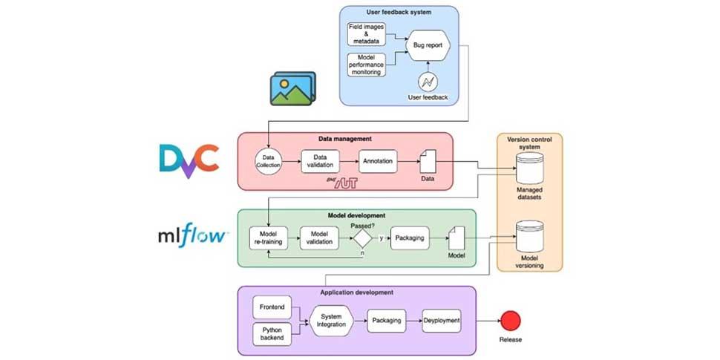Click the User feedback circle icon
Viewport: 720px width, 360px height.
pyautogui.click(x=428, y=82)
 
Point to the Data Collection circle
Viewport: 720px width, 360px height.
pyautogui.click(x=269, y=160)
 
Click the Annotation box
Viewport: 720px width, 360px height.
pyautogui.click(x=379, y=160)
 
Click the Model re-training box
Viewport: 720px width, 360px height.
pyautogui.click(x=269, y=238)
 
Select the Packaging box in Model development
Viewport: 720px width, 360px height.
pyautogui.click(x=410, y=238)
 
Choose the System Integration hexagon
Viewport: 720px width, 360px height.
pyautogui.click(x=330, y=321)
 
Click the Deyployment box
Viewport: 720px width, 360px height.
pyautogui.click(x=442, y=321)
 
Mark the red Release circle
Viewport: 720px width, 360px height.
pyautogui.click(x=509, y=321)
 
